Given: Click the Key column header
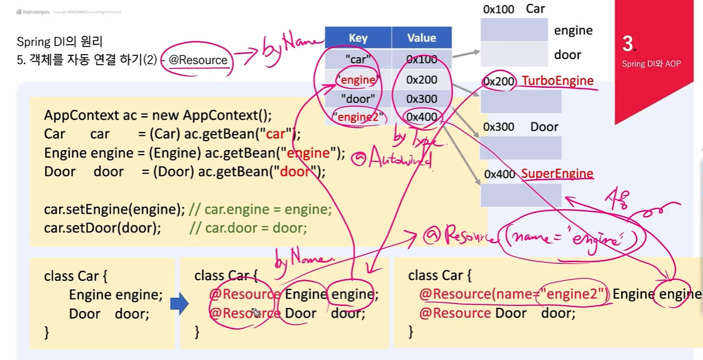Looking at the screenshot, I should [x=358, y=38].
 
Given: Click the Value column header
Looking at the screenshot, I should [x=422, y=38].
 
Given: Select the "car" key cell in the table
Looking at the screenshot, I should [x=358, y=59].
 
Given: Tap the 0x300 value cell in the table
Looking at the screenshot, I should [x=422, y=99].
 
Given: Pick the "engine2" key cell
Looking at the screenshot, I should [x=358, y=117].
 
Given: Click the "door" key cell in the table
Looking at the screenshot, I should [x=358, y=99].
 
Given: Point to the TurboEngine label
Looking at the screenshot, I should [x=557, y=81].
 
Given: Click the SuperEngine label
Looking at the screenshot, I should [x=557, y=174].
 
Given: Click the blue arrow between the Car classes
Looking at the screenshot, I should [x=180, y=305].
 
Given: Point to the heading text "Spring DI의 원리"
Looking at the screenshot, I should [x=60, y=42].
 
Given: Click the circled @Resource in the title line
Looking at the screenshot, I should [x=198, y=60].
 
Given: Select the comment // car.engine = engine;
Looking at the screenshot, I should [x=260, y=209].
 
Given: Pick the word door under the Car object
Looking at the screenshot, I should [x=567, y=55].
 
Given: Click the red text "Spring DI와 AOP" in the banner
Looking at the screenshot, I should [x=651, y=63].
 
